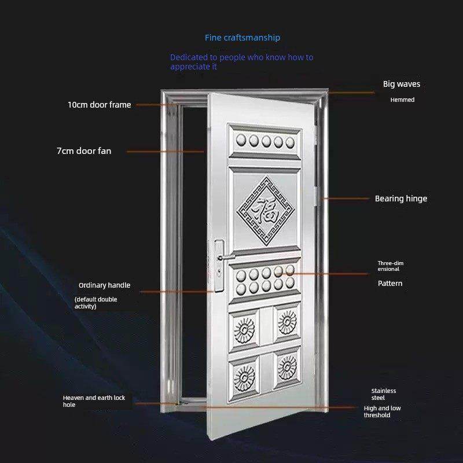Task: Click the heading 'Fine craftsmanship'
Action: click(242, 38)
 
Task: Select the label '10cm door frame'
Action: click(99, 105)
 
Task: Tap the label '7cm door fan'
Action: click(84, 151)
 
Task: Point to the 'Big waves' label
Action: click(401, 84)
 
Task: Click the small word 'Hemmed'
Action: click(402, 100)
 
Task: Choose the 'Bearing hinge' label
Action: click(400, 199)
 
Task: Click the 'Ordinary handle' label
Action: click(104, 285)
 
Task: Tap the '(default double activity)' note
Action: click(95, 303)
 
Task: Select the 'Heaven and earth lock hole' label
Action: click(94, 401)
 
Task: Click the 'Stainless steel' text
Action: click(384, 394)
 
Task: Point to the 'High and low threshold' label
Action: click(382, 411)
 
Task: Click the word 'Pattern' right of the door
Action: click(390, 284)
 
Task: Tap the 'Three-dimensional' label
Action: click(391, 266)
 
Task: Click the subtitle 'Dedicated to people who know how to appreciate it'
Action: click(241, 62)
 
